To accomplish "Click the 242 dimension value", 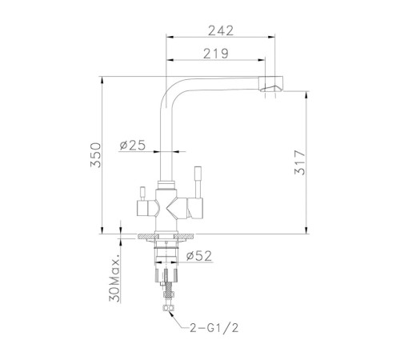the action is click(x=221, y=30).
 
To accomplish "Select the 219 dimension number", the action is click(x=216, y=54).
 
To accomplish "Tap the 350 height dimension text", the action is click(x=96, y=155).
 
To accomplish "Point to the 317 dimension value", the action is click(x=299, y=162).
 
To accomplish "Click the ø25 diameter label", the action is click(x=133, y=146).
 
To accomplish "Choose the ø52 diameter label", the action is click(x=199, y=256).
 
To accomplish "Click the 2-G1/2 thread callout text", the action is click(x=214, y=328).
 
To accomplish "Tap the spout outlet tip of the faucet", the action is click(x=270, y=84).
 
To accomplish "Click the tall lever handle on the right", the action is click(x=198, y=182).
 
